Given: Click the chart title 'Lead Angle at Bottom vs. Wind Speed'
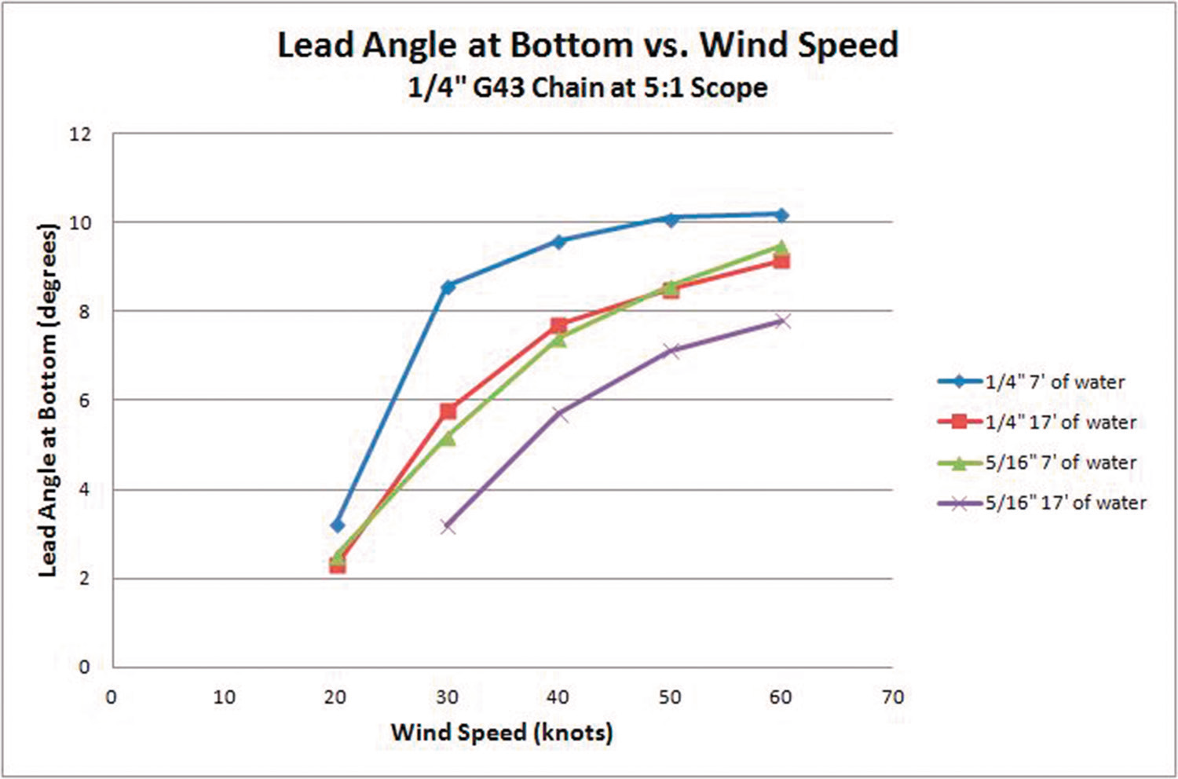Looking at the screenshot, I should pyautogui.click(x=587, y=45).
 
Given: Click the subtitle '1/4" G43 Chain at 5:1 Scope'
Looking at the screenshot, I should pyautogui.click(x=587, y=87).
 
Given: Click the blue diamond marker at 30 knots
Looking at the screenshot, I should pyautogui.click(x=448, y=287).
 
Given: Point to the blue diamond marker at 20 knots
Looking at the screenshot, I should pyautogui.click(x=337, y=525).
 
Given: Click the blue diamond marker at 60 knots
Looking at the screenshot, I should pyautogui.click(x=781, y=214).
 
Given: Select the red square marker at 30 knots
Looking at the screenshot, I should pyautogui.click(x=448, y=411).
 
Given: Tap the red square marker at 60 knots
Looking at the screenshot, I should pyautogui.click(x=781, y=261).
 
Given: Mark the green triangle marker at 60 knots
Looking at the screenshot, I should pyautogui.click(x=781, y=247).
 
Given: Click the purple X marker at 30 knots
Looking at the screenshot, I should pyautogui.click(x=448, y=525).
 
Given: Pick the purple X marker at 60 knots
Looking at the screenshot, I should pyautogui.click(x=781, y=321).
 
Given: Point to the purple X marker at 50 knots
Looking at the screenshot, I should pyautogui.click(x=670, y=350).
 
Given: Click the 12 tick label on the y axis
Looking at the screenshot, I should pyautogui.click(x=80, y=134).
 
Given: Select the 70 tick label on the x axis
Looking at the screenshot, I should pyautogui.click(x=892, y=697).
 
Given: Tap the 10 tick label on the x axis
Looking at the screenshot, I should pyautogui.click(x=225, y=697).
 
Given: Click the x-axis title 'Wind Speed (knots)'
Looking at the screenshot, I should pyautogui.click(x=502, y=733).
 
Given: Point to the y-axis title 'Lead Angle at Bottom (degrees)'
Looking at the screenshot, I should pyautogui.click(x=49, y=400).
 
